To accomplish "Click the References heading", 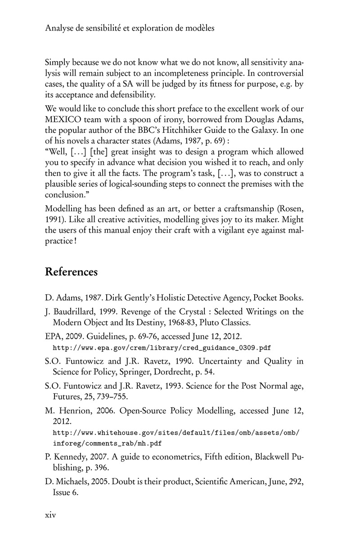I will tap(72, 272).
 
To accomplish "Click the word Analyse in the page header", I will tap(59, 28).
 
